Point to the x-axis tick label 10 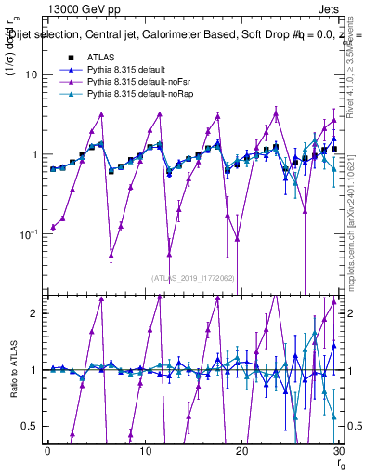144,450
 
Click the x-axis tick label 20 241,450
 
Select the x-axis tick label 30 338,450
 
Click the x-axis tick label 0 47,450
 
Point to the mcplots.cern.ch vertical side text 356,223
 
